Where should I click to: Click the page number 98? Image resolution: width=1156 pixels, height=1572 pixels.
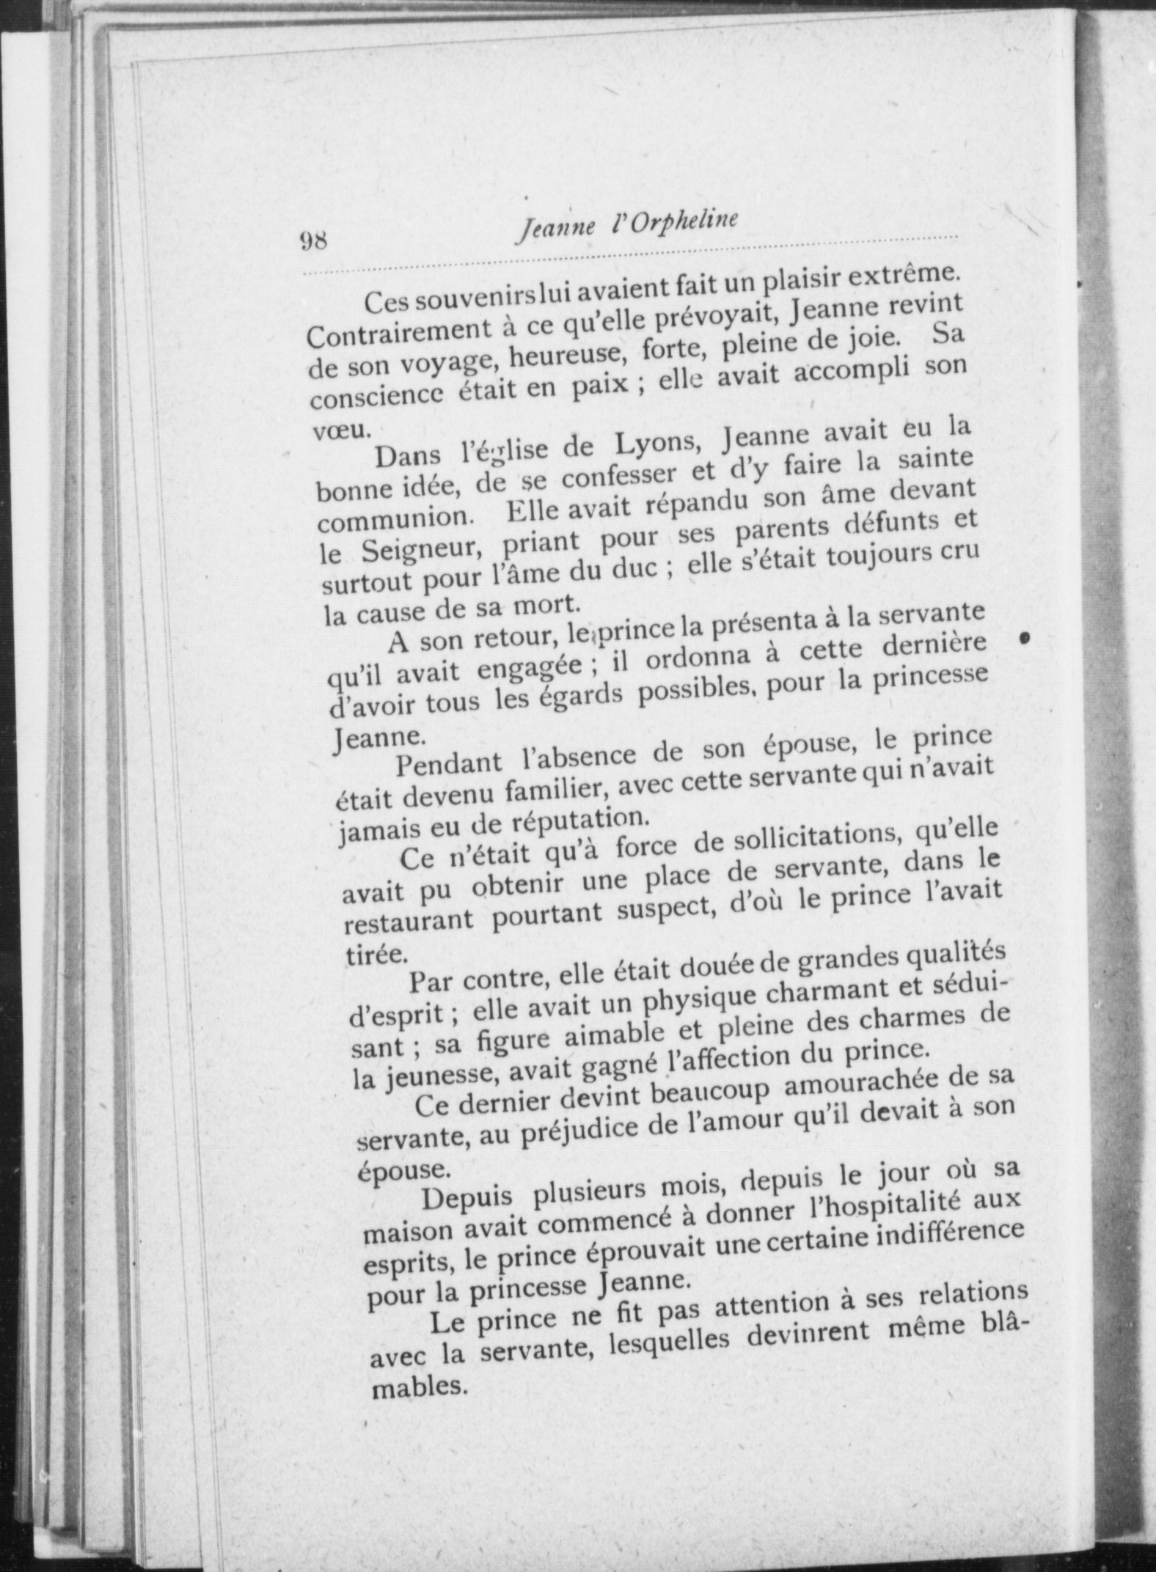pos(312,240)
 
